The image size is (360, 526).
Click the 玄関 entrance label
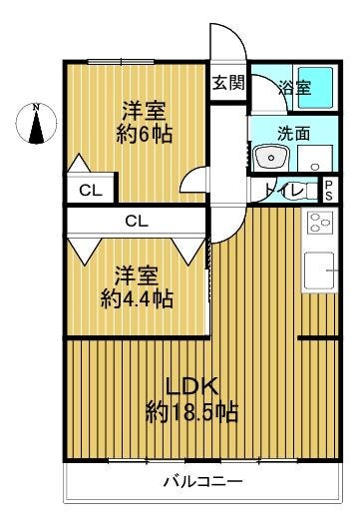[228, 82]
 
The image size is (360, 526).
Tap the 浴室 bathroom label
[294, 88]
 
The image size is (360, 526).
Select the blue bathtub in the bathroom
[315, 87]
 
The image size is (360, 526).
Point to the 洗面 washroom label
[293, 133]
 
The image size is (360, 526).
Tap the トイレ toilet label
[283, 191]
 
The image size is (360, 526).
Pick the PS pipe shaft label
[328, 191]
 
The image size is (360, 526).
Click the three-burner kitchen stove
[319, 223]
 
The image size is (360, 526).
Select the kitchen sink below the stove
[320, 270]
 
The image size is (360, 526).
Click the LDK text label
[192, 387]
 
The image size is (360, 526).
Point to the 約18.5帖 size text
[191, 412]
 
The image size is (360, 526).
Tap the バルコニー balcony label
[202, 482]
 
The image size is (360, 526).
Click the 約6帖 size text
[145, 134]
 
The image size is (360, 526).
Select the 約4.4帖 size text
[137, 298]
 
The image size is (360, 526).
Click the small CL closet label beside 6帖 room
[91, 191]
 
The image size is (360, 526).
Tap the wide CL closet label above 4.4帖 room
[137, 221]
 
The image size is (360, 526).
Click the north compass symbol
[36, 123]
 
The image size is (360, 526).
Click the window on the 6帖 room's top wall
[121, 62]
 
